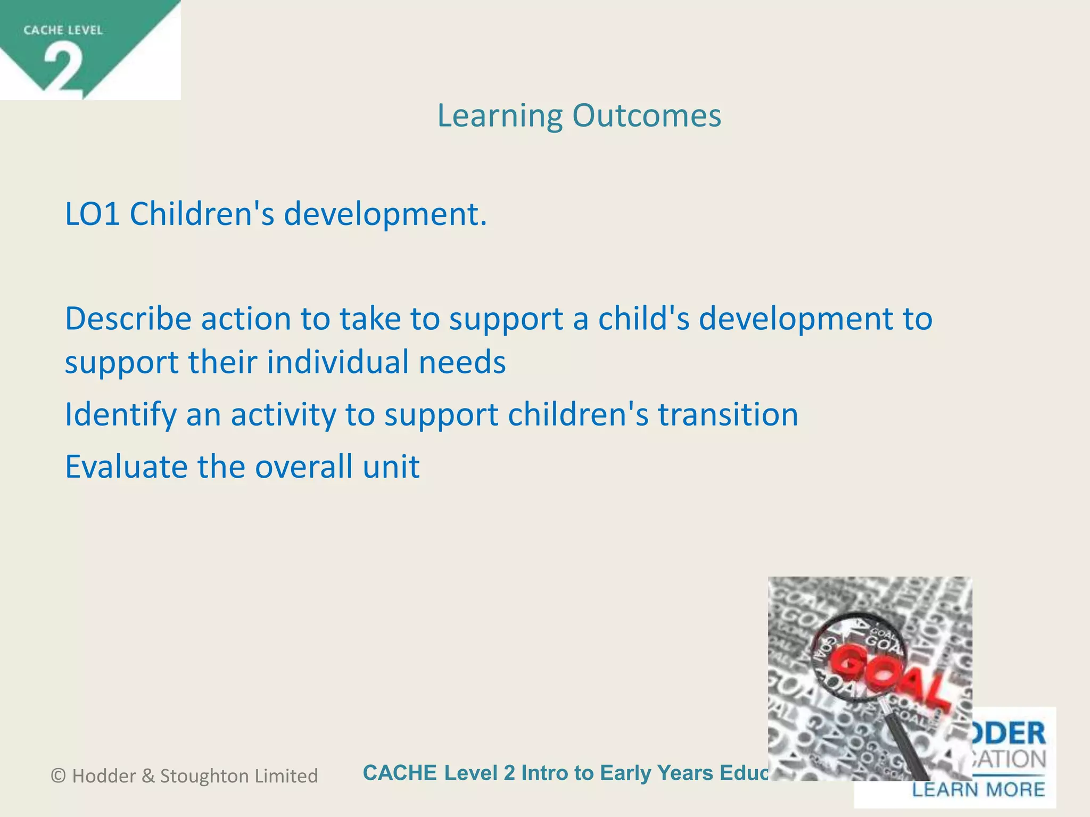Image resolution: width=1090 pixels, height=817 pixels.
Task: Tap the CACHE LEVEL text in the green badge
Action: (63, 30)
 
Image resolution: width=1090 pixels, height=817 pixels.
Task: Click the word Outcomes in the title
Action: (647, 115)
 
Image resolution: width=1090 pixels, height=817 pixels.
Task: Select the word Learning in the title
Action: (500, 116)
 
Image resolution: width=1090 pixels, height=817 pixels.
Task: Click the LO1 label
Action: (92, 214)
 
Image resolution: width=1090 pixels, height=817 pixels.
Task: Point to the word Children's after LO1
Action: (202, 214)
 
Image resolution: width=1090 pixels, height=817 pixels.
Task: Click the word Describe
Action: (128, 319)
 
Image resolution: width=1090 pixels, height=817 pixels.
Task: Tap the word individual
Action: (338, 363)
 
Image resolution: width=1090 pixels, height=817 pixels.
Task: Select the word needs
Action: (462, 363)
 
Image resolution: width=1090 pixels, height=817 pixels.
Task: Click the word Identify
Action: (120, 415)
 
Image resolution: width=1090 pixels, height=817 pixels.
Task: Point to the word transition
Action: (728, 415)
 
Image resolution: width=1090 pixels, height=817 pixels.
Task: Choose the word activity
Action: (283, 415)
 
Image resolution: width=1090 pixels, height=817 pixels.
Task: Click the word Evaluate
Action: (126, 467)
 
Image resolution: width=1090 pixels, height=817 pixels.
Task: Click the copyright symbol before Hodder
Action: (59, 776)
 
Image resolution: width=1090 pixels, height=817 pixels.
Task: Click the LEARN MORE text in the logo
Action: (978, 789)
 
